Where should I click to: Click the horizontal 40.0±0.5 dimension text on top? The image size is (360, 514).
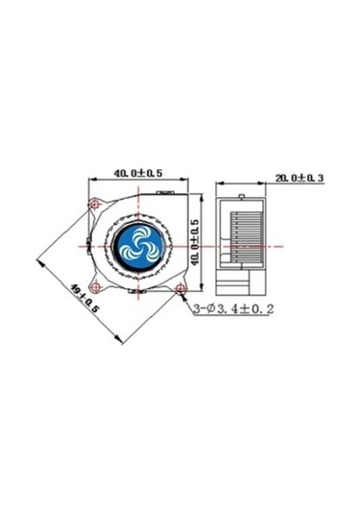coord(136,173)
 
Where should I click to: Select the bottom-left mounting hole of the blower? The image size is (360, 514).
coord(96,285)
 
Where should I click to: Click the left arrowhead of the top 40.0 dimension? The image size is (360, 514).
coord(92,181)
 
